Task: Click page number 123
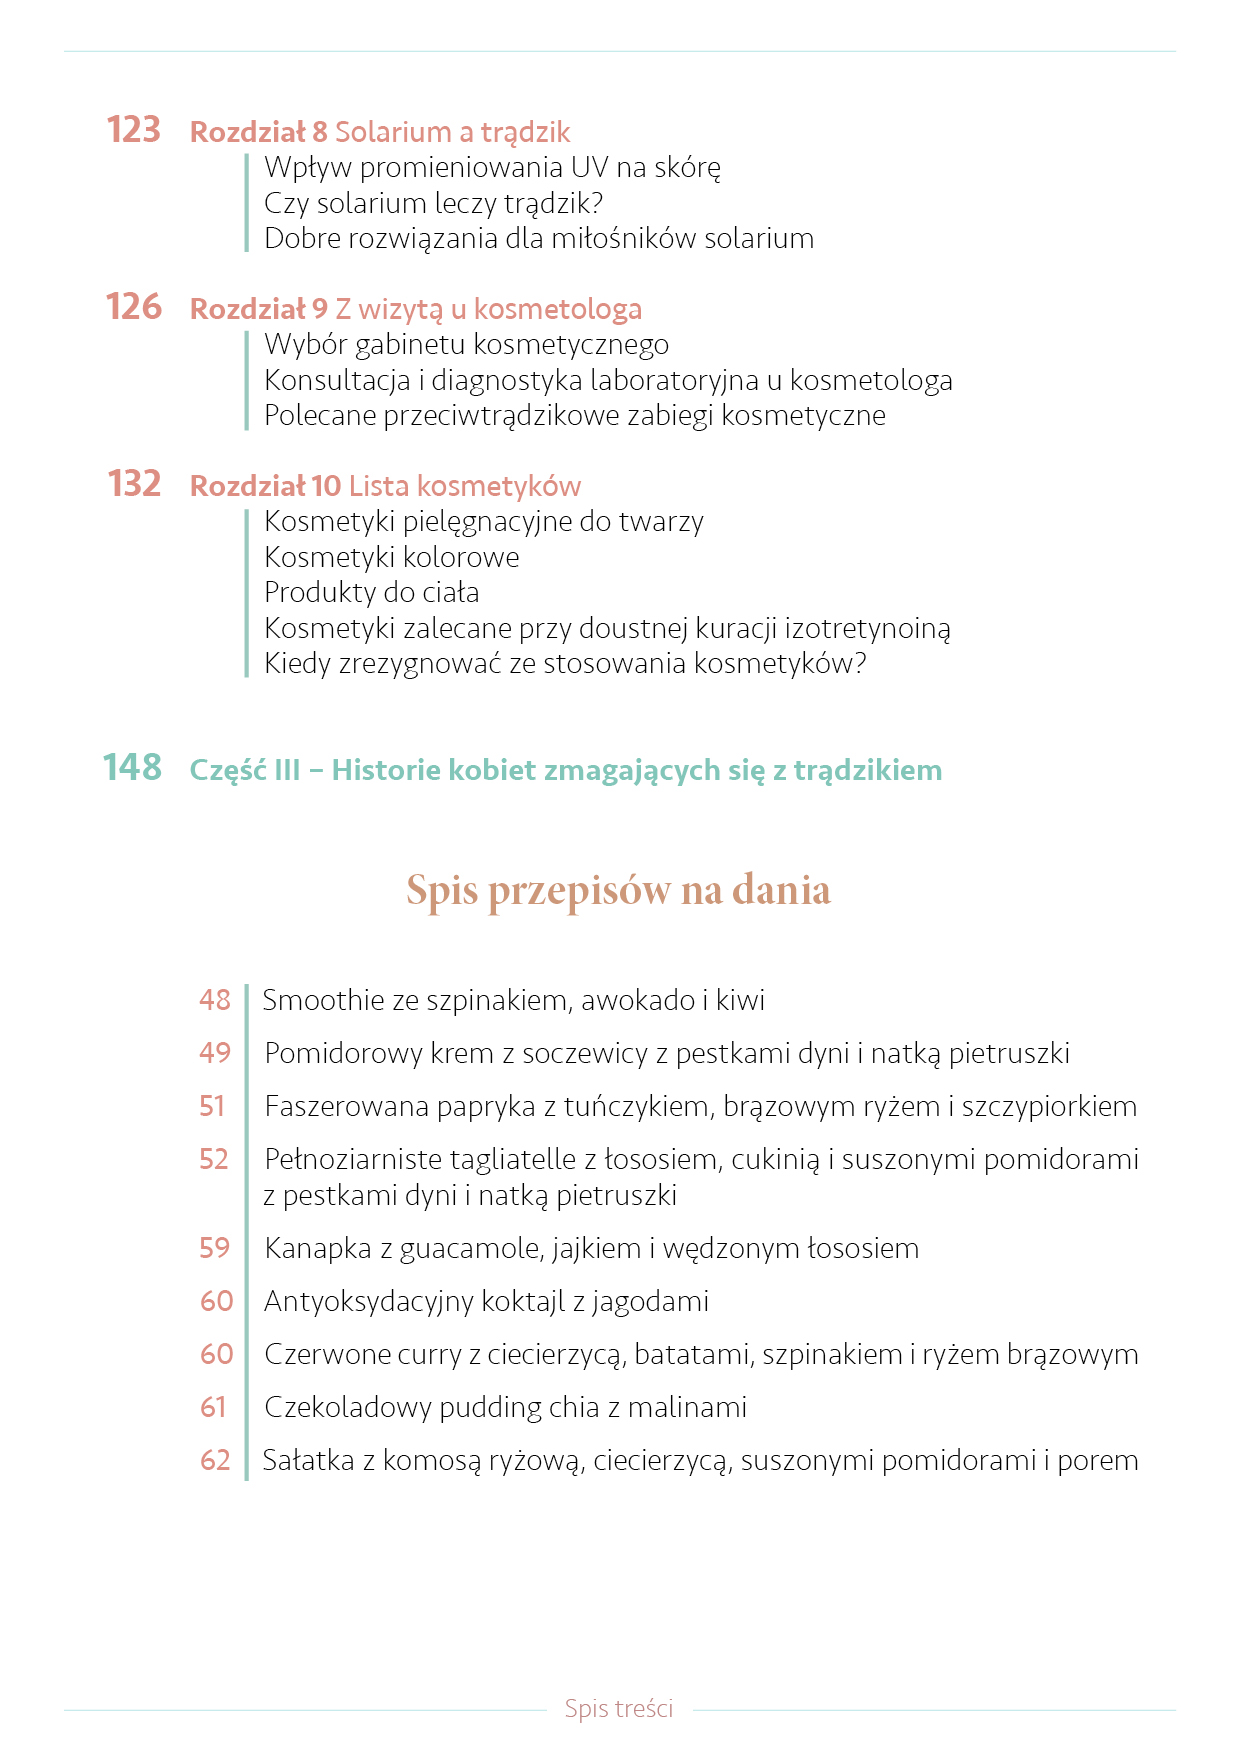point(134,130)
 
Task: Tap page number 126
point(134,307)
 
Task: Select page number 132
point(134,484)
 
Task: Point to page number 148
point(132,768)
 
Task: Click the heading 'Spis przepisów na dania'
point(618,889)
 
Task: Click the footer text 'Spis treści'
point(618,1708)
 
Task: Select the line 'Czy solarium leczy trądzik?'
point(433,203)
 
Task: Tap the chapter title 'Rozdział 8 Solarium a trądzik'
point(380,132)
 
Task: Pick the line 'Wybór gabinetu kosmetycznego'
point(466,344)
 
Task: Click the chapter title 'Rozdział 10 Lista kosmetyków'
point(385,486)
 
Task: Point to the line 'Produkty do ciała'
point(371,592)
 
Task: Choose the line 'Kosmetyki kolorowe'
point(391,557)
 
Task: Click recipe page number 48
point(214,1000)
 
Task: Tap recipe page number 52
point(214,1159)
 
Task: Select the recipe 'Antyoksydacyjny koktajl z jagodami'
point(486,1301)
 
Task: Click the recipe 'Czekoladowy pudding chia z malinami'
point(505,1407)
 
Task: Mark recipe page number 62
point(215,1460)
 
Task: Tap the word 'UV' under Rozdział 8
point(589,167)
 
